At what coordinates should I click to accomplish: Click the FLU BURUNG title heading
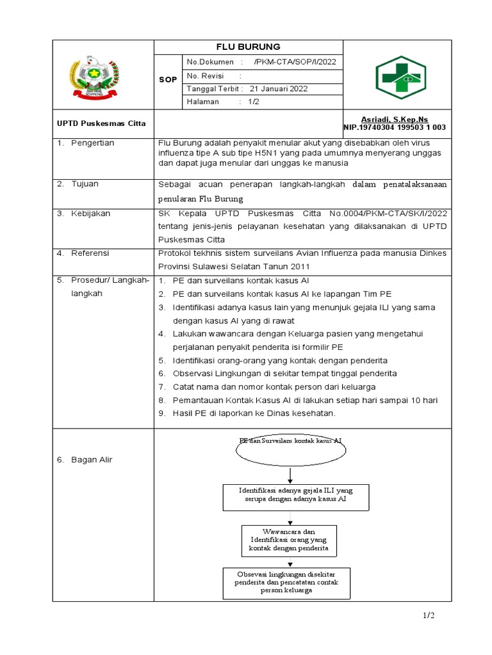249,47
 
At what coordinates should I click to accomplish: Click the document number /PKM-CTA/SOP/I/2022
295,62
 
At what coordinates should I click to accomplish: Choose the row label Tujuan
86,184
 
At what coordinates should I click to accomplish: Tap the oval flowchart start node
290,448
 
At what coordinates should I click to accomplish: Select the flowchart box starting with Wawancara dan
289,541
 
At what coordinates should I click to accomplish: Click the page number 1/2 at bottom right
428,615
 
